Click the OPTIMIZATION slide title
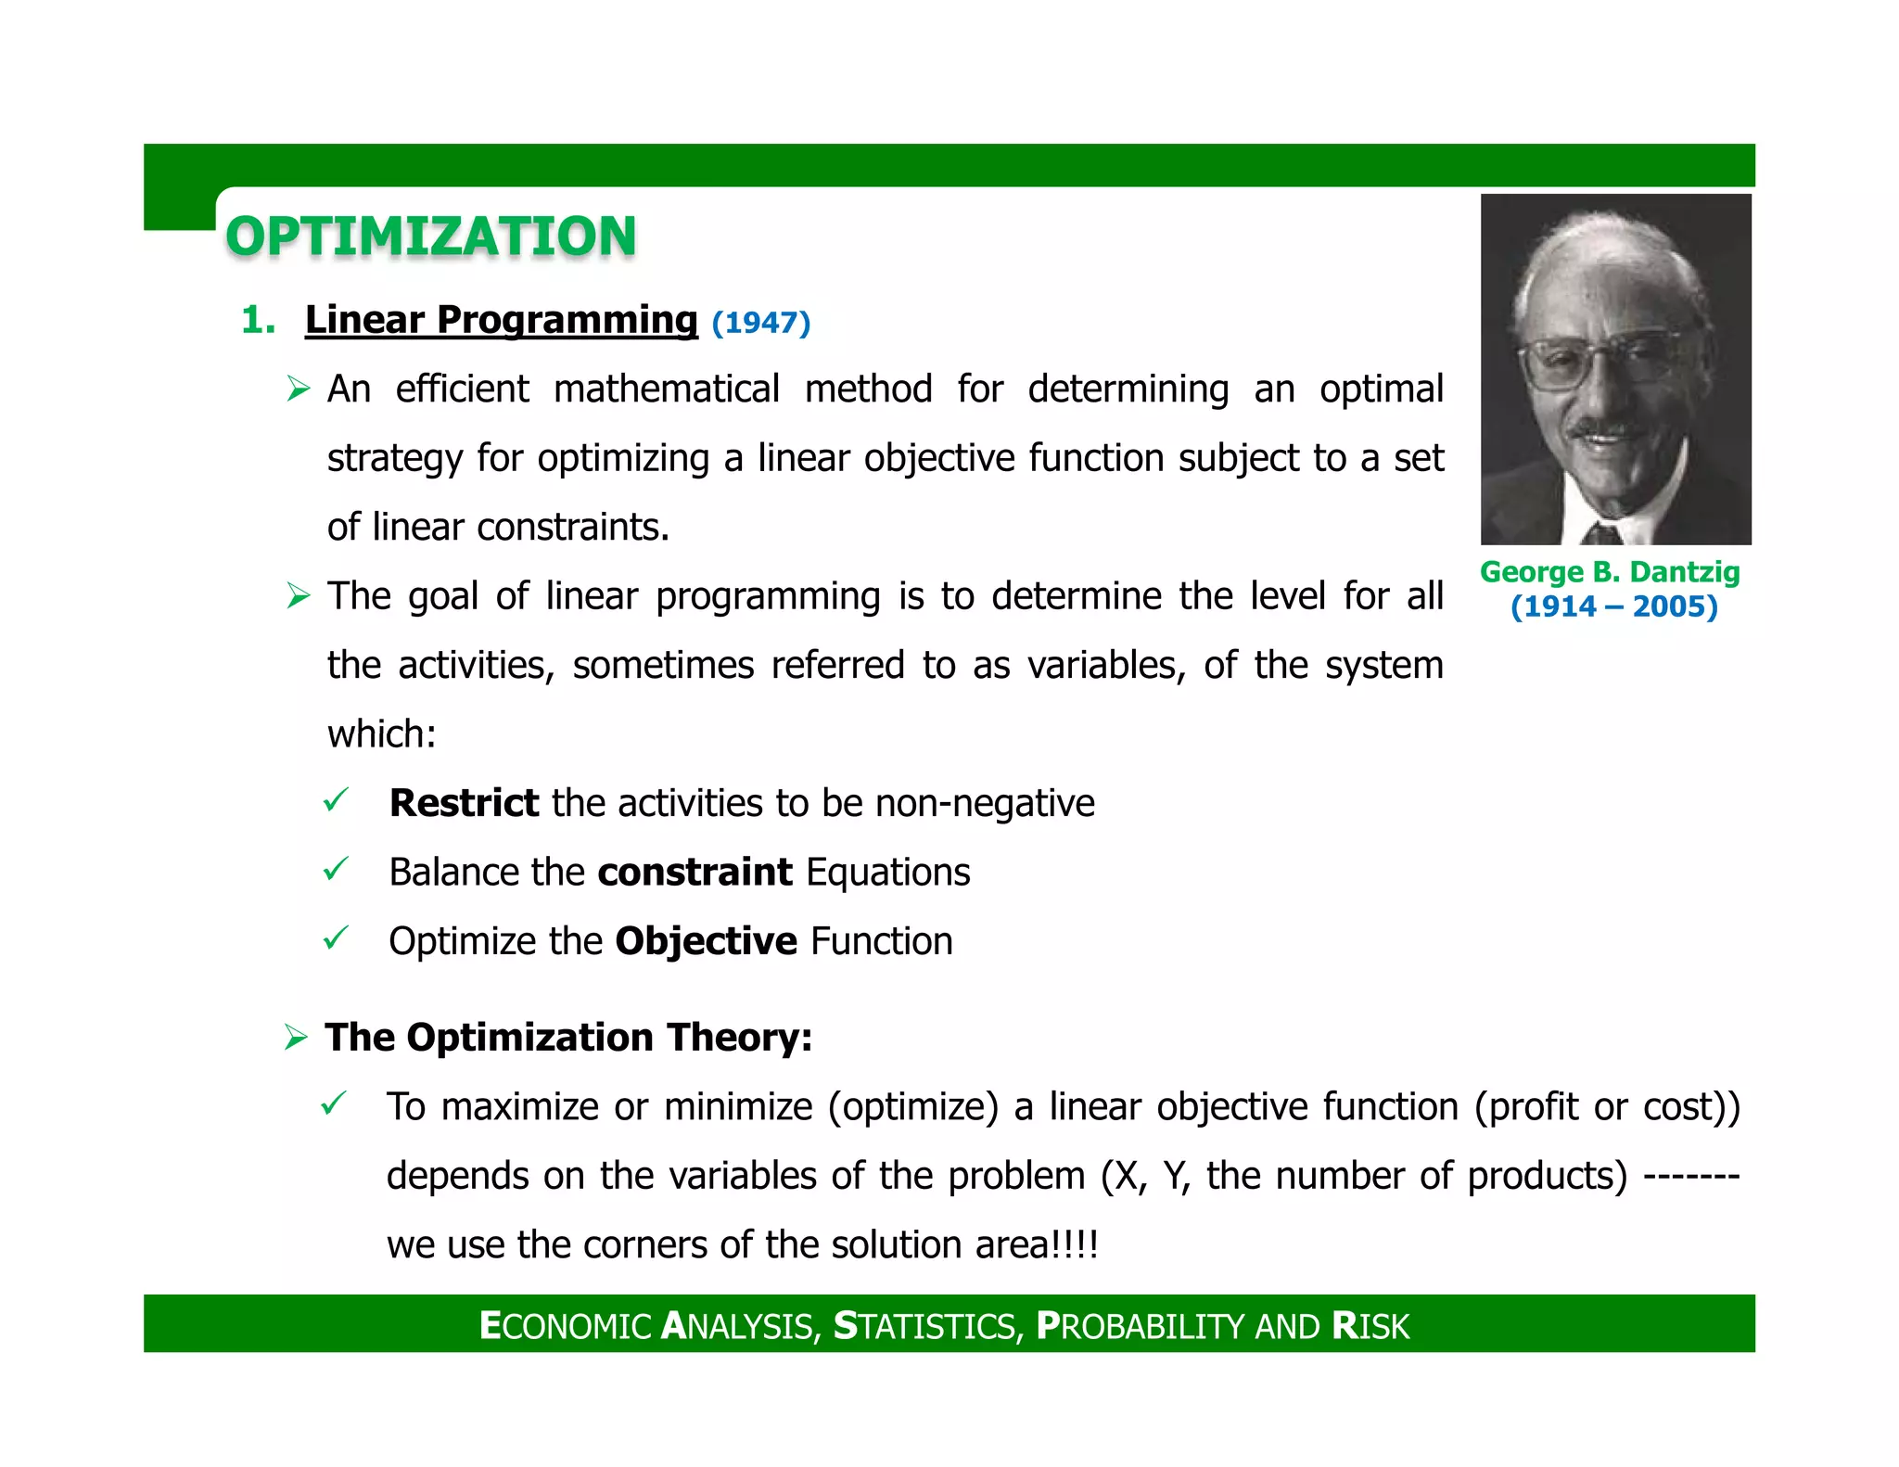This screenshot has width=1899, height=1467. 431,236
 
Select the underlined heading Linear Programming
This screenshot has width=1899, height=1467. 501,320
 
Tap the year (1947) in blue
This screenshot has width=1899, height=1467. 761,323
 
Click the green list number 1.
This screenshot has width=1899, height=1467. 257,321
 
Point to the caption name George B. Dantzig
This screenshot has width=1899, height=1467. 1610,572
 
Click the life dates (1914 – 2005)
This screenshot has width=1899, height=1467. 1613,606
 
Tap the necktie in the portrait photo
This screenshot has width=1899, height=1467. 1601,533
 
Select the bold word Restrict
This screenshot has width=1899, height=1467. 464,803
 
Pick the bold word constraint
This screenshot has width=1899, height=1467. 695,873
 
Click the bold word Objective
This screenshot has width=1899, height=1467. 706,941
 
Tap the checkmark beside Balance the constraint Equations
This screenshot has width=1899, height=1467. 335,870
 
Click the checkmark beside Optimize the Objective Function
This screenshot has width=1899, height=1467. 335,938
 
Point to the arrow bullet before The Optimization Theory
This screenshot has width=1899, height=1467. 296,1037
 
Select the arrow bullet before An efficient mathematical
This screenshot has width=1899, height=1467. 298,389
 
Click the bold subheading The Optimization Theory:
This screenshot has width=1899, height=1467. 568,1037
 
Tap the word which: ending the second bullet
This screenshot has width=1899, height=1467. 381,734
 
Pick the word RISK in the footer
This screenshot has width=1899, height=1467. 1370,1326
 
